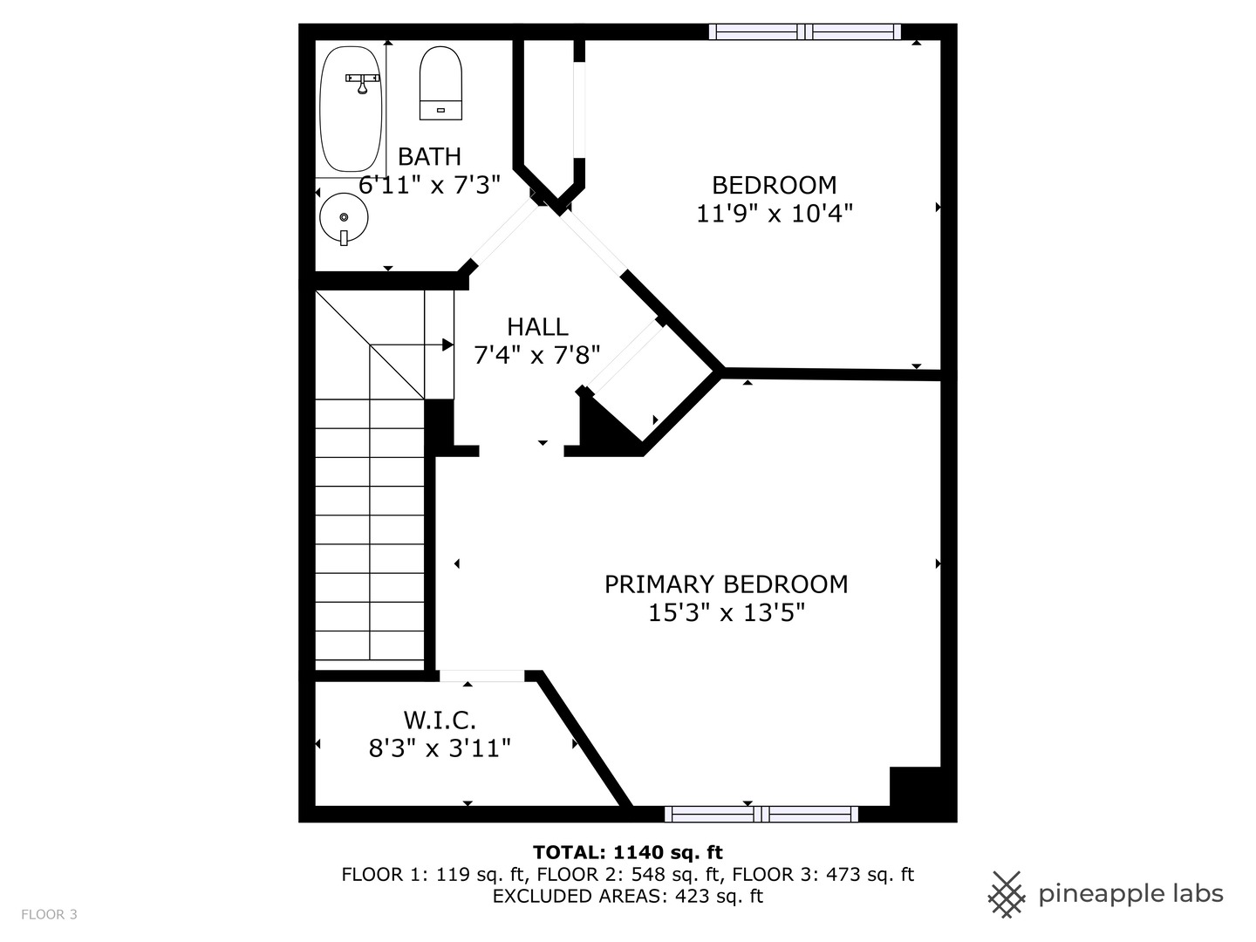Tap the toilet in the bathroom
(x=440, y=83)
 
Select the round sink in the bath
(x=344, y=217)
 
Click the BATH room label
(x=429, y=157)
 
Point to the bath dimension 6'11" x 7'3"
(x=429, y=185)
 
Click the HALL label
(x=537, y=327)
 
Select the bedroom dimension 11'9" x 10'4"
(x=774, y=214)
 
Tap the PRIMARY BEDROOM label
(x=726, y=584)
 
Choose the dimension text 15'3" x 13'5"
(x=726, y=613)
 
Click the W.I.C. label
(x=440, y=720)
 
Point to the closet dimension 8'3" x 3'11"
(x=440, y=748)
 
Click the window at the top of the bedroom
(x=804, y=32)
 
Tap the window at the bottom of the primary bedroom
(x=761, y=814)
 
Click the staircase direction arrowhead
(x=447, y=345)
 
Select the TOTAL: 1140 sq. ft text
(x=627, y=852)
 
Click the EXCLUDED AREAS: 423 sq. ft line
(x=627, y=896)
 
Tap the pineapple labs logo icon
(x=1006, y=894)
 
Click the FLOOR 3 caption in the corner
(x=49, y=914)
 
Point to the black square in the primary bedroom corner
(x=915, y=787)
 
